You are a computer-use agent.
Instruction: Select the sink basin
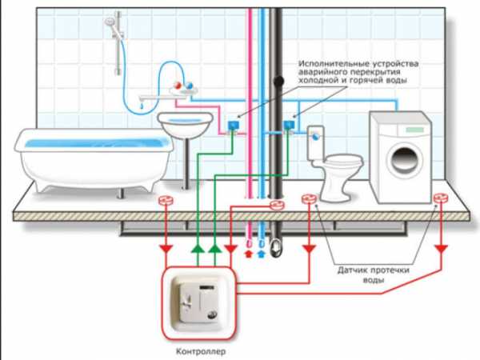pos(186,124)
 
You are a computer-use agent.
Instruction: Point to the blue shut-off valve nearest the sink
pos(233,124)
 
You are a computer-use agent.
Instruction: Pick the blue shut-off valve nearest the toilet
pos(289,124)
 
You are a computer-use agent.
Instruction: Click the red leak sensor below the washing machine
pos(438,198)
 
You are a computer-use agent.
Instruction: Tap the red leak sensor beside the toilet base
pos(307,198)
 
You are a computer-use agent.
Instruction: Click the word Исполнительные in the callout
pos(330,62)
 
